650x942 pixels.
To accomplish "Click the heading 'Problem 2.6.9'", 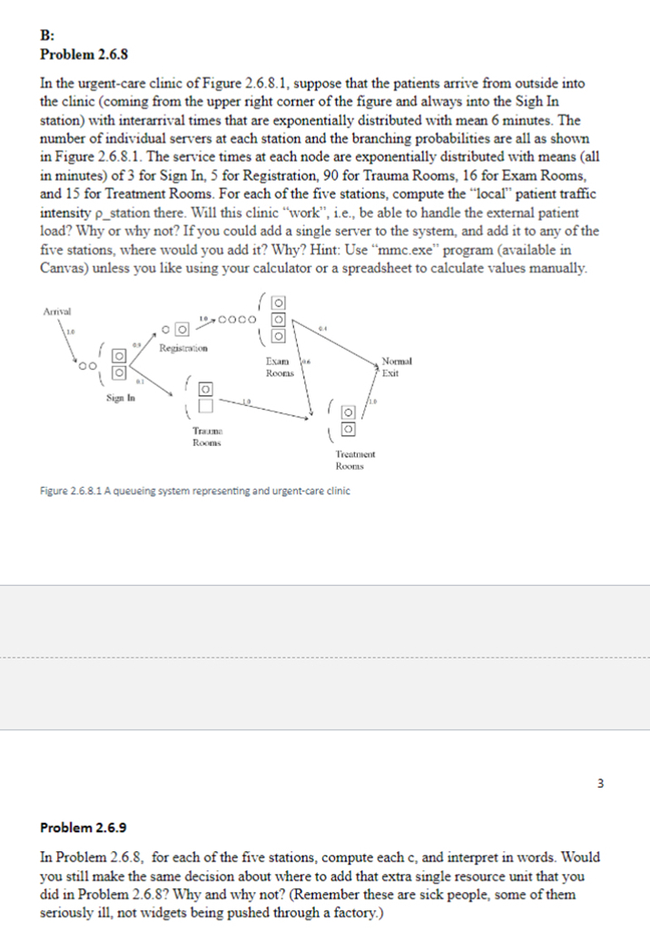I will [x=84, y=828].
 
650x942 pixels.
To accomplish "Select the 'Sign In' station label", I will [x=116, y=398].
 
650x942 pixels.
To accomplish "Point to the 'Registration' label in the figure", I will [x=183, y=348].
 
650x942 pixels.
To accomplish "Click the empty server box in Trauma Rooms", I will [x=204, y=403].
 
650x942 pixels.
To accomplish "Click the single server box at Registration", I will [x=182, y=329].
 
